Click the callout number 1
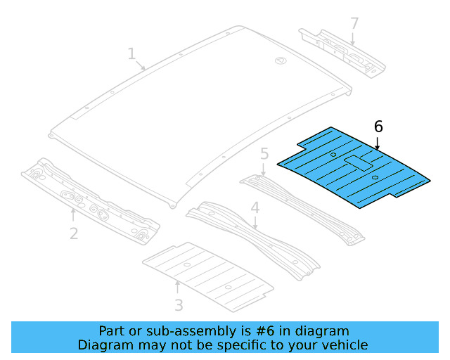(131, 53)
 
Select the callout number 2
(73, 232)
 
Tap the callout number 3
(179, 304)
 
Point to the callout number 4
(255, 208)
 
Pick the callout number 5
(264, 153)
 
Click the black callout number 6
(378, 127)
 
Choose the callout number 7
(354, 24)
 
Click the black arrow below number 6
(378, 144)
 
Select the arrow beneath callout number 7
(353, 39)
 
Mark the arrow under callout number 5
(264, 169)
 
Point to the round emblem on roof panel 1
(279, 61)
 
